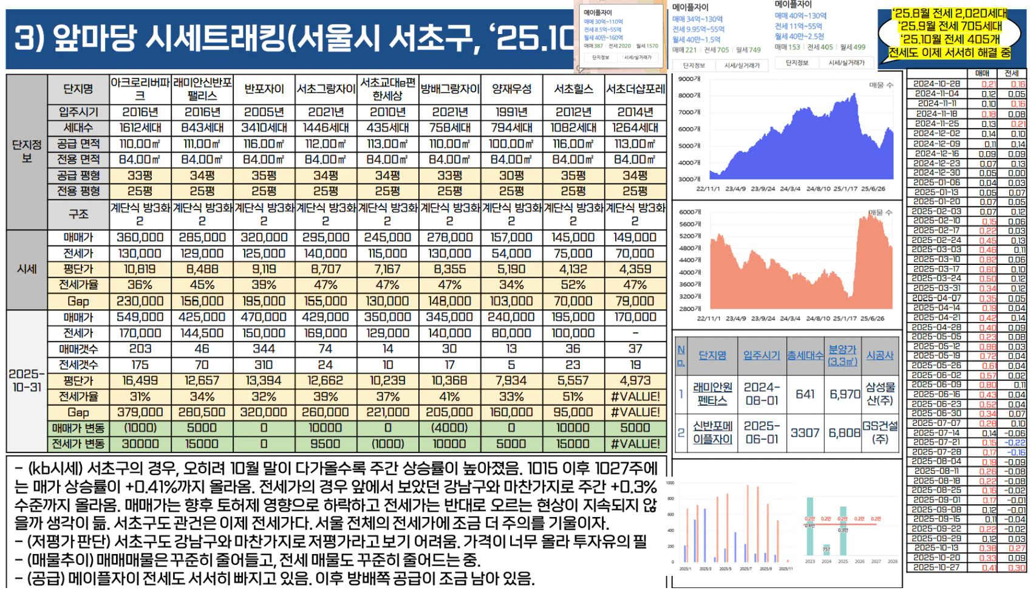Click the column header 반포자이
point(264,89)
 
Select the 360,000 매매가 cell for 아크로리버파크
point(140,238)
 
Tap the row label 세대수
point(78,128)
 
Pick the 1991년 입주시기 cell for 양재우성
point(511,112)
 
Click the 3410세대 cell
point(264,128)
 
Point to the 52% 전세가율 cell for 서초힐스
point(573,285)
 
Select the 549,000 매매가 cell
point(140,317)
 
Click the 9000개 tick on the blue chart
point(689,79)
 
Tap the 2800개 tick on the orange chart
point(689,309)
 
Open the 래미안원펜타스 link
point(712,394)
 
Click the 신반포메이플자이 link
point(712,433)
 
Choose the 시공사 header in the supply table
point(879,355)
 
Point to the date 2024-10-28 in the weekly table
point(936,84)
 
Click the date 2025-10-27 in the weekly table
point(936,567)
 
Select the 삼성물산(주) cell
point(880,394)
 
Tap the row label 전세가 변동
point(78,444)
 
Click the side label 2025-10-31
point(27,380)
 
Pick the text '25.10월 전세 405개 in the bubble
point(950,39)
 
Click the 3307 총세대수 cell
point(805,433)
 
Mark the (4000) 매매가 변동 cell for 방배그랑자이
point(449,428)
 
